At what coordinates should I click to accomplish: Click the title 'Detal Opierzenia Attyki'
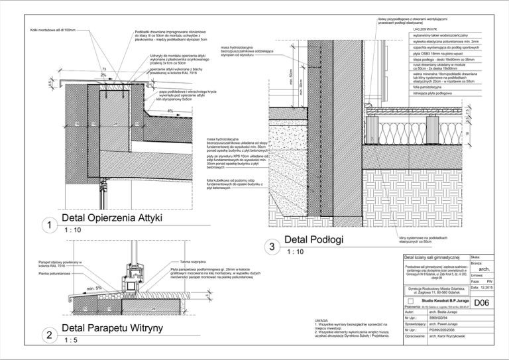(117, 219)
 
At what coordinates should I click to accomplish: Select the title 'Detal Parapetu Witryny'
(117, 329)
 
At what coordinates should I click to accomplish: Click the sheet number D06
(482, 303)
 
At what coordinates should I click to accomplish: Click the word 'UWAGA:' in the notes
(323, 320)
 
